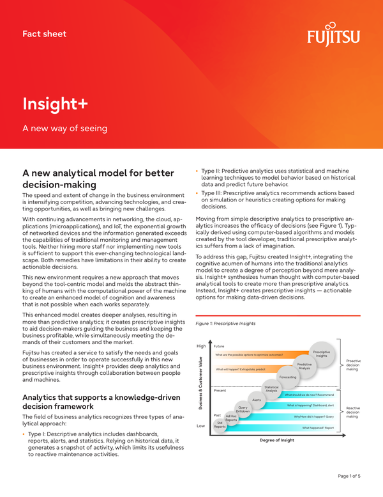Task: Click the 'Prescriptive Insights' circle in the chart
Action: [x=321, y=354]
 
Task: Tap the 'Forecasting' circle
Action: [x=288, y=377]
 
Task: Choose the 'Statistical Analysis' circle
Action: [x=271, y=388]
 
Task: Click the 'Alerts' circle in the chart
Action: [x=257, y=400]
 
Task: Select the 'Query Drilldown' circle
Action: [x=243, y=409]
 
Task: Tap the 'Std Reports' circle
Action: [x=220, y=424]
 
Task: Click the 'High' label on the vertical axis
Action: [x=201, y=346]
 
